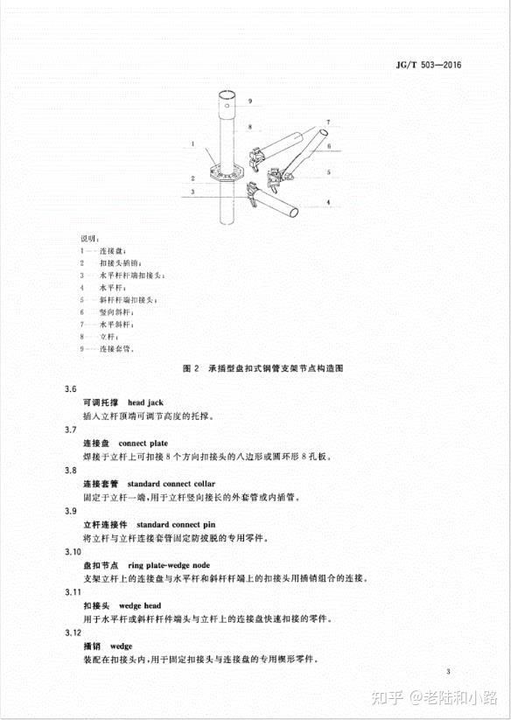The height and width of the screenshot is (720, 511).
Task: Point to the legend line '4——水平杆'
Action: [107, 287]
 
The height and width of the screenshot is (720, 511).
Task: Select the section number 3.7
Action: [71, 430]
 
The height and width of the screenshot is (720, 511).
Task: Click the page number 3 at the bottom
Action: [446, 672]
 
